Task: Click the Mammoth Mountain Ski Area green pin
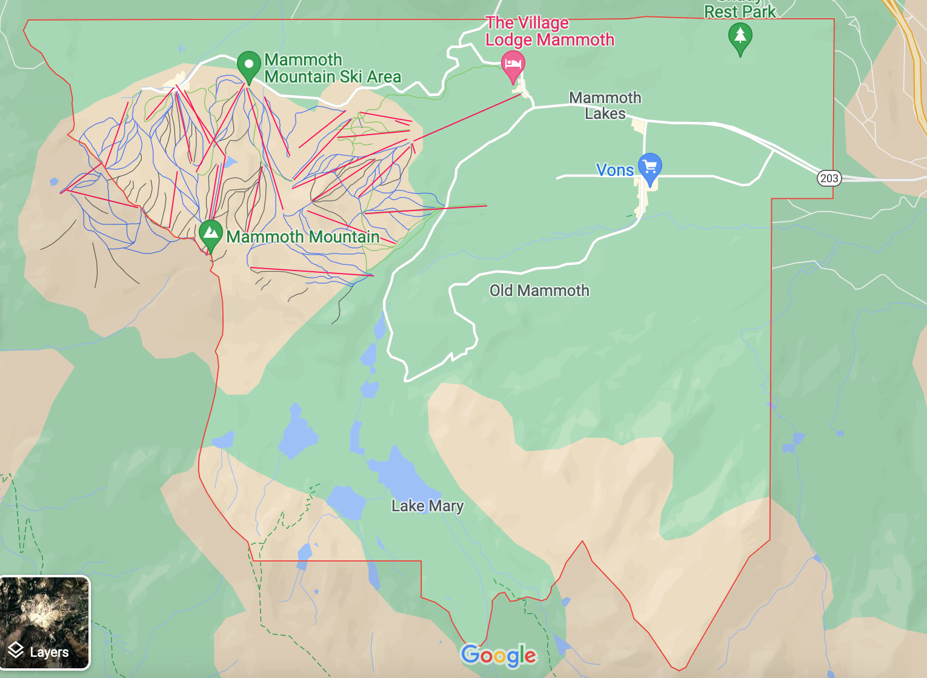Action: pyautogui.click(x=248, y=64)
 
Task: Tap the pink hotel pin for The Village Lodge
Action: pyautogui.click(x=513, y=64)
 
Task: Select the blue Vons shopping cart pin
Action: pyautogui.click(x=650, y=166)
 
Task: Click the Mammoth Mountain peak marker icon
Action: pyautogui.click(x=210, y=233)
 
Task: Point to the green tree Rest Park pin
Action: pyautogui.click(x=740, y=36)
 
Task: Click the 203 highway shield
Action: pyautogui.click(x=829, y=178)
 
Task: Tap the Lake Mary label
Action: pyautogui.click(x=427, y=506)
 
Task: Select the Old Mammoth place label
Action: pyautogui.click(x=539, y=290)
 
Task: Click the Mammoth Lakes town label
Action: pyautogui.click(x=605, y=106)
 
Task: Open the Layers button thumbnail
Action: pyautogui.click(x=45, y=623)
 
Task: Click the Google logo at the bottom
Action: pyautogui.click(x=499, y=655)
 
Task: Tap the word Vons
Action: pyautogui.click(x=614, y=170)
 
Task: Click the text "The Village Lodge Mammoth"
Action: pyautogui.click(x=550, y=32)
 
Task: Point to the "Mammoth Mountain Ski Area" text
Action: pyautogui.click(x=333, y=69)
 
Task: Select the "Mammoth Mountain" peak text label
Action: pyautogui.click(x=303, y=237)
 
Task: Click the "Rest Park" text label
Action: pyautogui.click(x=740, y=11)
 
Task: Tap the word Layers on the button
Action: pyautogui.click(x=49, y=653)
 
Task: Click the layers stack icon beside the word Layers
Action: pyautogui.click(x=16, y=651)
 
